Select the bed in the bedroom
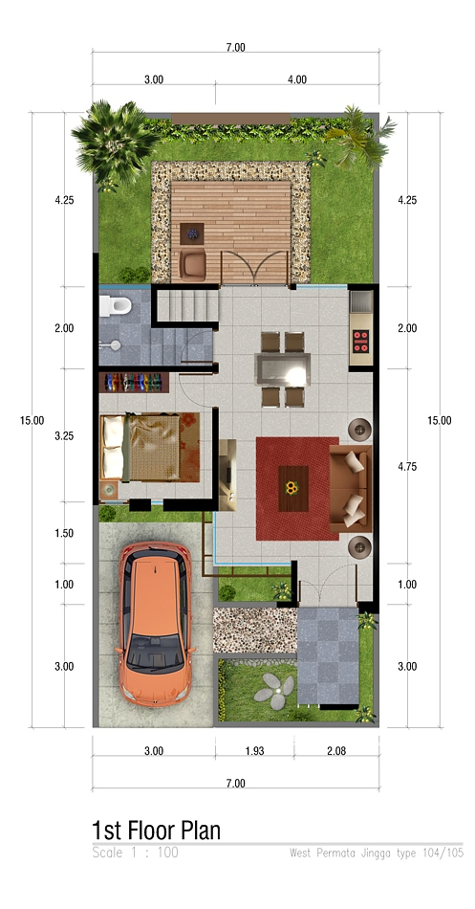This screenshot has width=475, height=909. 150,447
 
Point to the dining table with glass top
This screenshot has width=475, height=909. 283,368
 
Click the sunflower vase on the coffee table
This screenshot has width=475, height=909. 291,488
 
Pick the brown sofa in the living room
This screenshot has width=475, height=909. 351,488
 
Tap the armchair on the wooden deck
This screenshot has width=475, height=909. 193,264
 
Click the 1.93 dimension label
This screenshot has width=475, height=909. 254,751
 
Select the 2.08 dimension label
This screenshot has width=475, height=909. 336,751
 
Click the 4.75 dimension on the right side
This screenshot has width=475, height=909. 407,466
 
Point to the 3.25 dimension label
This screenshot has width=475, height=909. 64,436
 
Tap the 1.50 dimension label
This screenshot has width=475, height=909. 64,533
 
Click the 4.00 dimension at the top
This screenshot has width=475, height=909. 297,80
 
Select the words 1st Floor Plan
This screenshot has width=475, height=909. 157,831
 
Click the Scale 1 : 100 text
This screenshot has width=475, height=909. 136,853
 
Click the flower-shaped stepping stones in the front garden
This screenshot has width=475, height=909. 274,691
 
